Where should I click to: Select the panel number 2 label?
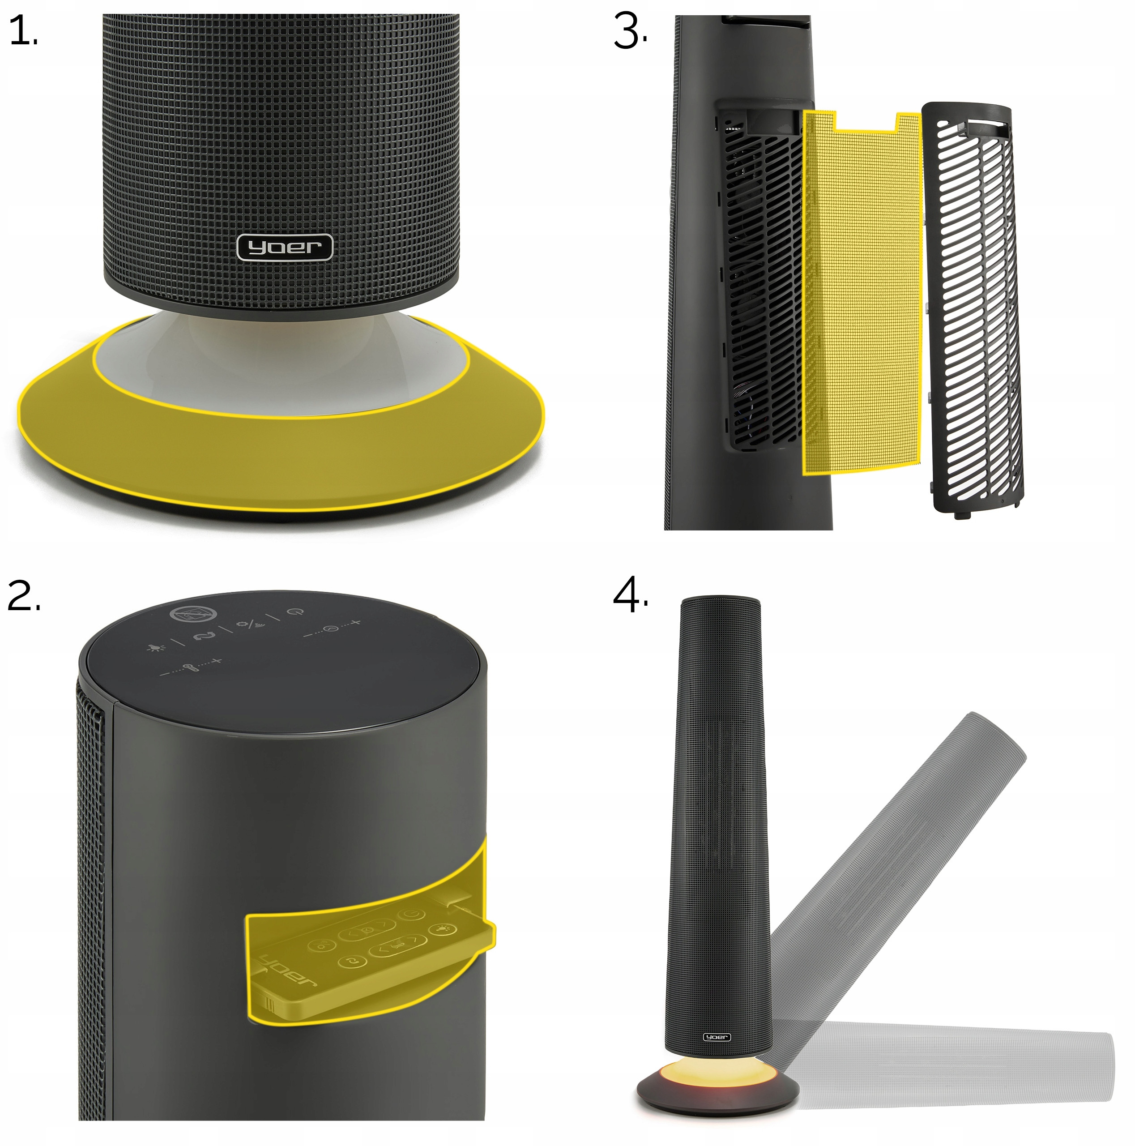tap(24, 595)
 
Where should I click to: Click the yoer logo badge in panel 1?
tap(285, 247)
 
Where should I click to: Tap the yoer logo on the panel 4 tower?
tap(717, 1037)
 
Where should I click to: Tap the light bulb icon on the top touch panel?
tap(156, 647)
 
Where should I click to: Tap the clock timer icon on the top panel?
tap(333, 628)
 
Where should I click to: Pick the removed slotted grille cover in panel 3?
tap(971, 307)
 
